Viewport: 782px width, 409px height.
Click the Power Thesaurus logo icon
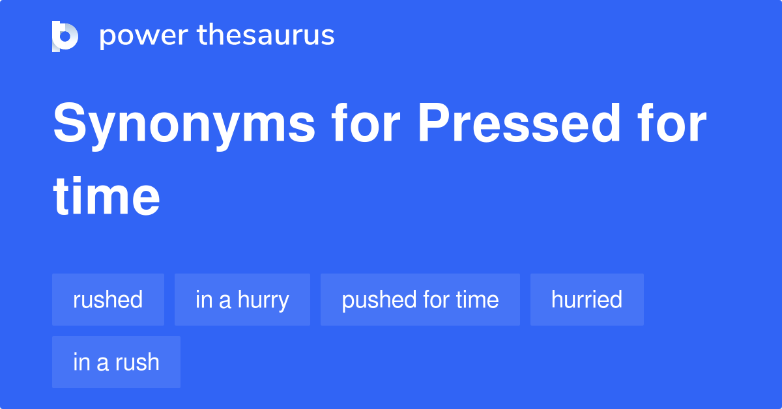65,36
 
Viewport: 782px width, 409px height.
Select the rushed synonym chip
108,300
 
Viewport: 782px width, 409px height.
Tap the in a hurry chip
242,300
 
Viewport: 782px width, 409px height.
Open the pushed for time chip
420,300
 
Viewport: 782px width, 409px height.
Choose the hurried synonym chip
586,300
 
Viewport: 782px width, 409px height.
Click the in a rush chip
116,362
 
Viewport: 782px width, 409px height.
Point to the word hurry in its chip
263,300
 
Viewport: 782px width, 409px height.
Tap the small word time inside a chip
477,300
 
